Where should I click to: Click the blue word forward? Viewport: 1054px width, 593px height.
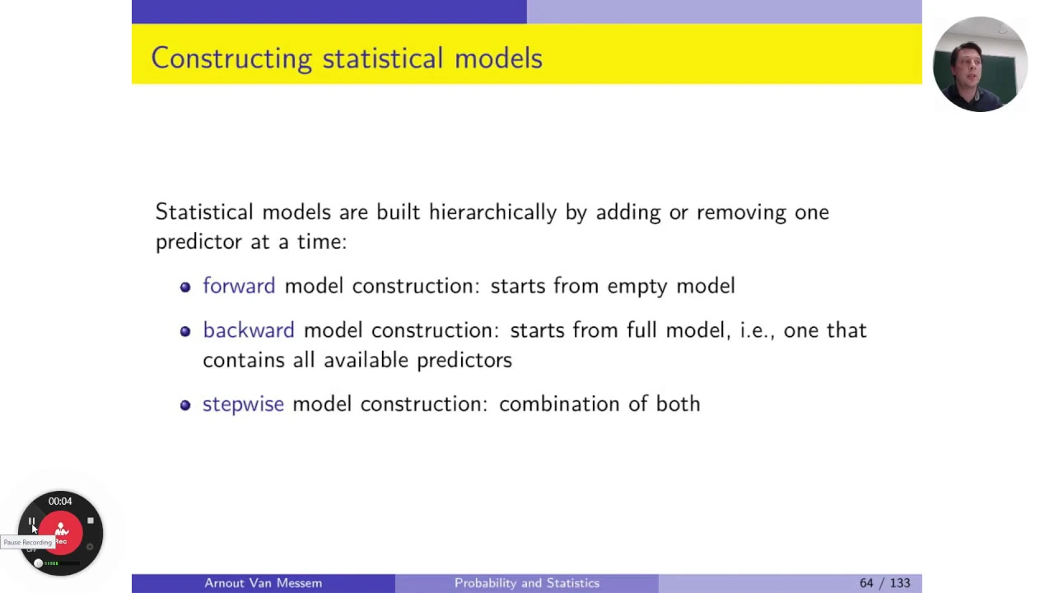click(x=239, y=286)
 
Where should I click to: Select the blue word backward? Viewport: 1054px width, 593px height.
click(x=249, y=330)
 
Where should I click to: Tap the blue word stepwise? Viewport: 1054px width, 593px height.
click(x=243, y=404)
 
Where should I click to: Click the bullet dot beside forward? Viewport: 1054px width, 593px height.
click(x=185, y=287)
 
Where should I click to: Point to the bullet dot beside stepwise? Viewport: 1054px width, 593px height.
click(x=185, y=405)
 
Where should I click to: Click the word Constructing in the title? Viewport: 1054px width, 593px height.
click(x=231, y=58)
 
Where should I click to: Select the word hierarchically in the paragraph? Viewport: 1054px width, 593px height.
click(x=492, y=212)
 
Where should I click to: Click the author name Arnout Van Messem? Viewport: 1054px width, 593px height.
click(x=263, y=583)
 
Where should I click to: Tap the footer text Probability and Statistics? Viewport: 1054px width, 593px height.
click(x=527, y=583)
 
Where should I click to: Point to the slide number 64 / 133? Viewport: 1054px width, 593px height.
click(x=884, y=583)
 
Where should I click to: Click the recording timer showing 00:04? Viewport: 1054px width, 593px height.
click(x=60, y=502)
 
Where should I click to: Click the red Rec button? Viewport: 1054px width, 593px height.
click(x=61, y=533)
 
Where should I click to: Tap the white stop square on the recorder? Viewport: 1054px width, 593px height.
click(x=91, y=521)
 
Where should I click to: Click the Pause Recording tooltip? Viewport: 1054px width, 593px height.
click(x=27, y=542)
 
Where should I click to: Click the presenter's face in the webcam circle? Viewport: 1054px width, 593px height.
click(x=967, y=66)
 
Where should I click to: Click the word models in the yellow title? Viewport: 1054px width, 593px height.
click(x=498, y=58)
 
